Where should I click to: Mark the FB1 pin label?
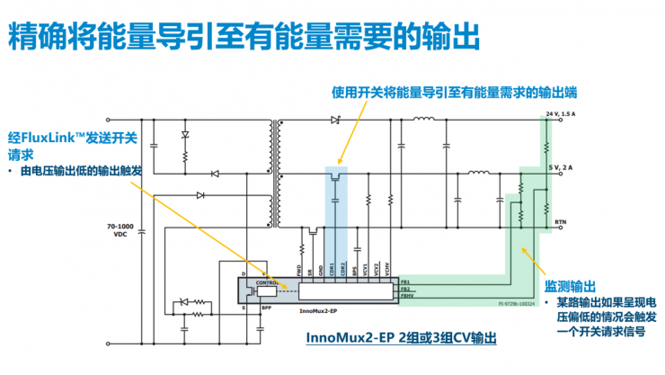click(x=405, y=281)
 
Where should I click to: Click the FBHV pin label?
click(x=407, y=295)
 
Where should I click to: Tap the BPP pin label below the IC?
click(x=266, y=307)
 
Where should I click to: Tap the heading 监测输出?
click(x=571, y=287)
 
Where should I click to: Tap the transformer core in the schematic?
click(x=273, y=171)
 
